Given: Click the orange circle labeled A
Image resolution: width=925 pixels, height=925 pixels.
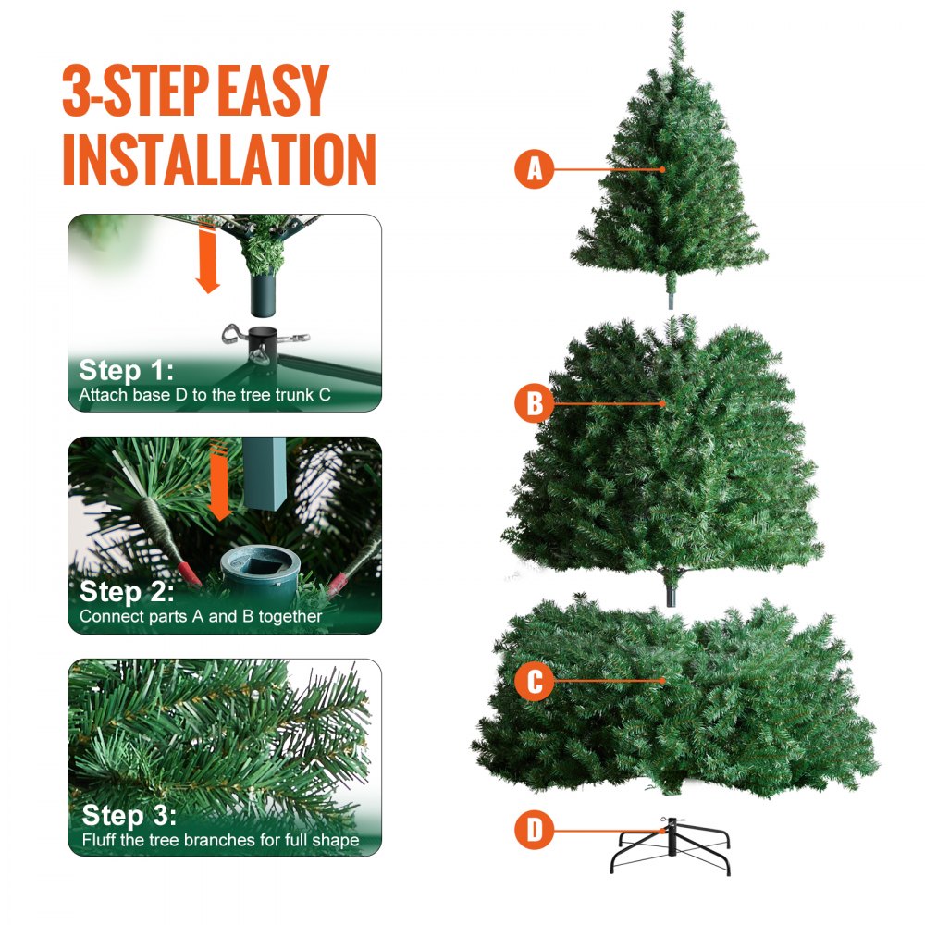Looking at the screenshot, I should pos(534,169).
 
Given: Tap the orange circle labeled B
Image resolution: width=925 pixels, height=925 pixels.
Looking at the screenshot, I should pos(534,404).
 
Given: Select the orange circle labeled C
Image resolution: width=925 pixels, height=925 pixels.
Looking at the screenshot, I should pos(534,682).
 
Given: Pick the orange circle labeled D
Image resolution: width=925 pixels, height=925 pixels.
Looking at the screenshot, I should pos(534,830).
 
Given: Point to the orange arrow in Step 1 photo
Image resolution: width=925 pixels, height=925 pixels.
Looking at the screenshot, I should pos(209,262).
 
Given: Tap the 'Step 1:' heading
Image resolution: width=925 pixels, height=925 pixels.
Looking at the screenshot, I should pos(125,371).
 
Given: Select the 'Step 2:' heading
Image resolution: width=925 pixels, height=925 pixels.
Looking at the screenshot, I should pos(127,592).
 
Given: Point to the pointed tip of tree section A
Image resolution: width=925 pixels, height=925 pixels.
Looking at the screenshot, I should pos(677,17).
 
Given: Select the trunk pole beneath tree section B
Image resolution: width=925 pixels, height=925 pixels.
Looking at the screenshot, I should pos(670,589).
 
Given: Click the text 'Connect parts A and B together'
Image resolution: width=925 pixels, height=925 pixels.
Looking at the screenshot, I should pos(201,616).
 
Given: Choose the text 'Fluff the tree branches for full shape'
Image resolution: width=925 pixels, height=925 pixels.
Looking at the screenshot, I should pos(219,840).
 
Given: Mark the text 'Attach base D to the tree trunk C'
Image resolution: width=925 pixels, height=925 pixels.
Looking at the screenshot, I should pos(204,395).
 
